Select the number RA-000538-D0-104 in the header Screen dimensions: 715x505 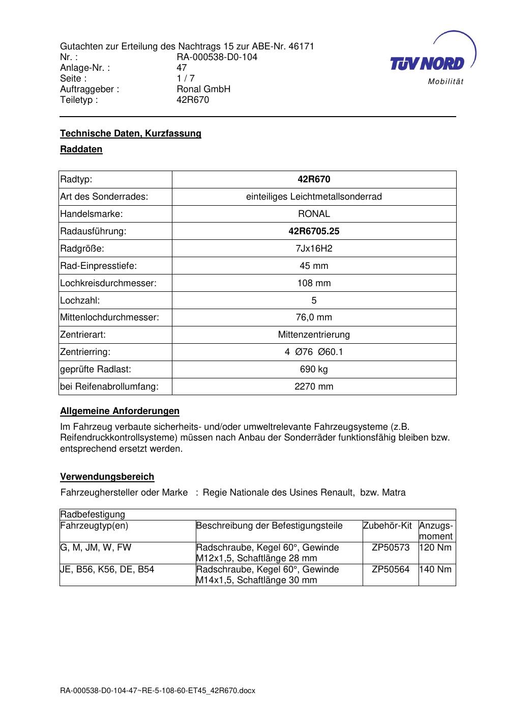click(217, 57)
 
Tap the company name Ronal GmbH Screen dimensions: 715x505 click(203, 89)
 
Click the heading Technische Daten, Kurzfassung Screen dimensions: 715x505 click(131, 133)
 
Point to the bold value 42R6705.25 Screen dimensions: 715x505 click(314, 231)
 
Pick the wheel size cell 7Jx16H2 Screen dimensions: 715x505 click(314, 249)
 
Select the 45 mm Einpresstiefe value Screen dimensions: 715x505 click(314, 266)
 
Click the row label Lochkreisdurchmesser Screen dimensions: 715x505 click(108, 283)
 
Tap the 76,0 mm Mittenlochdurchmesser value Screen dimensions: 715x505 click(314, 317)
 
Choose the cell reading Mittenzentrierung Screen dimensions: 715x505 click(314, 335)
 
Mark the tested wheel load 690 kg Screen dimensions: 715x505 click(314, 369)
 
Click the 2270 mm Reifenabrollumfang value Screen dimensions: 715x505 click(314, 387)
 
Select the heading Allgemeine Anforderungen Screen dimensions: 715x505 click(120, 411)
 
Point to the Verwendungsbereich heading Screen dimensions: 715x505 click(107, 477)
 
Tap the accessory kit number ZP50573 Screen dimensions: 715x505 click(390, 547)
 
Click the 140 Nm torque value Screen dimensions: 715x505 click(437, 569)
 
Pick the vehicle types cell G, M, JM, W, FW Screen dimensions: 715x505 click(96, 547)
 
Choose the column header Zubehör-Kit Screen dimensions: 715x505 click(387, 526)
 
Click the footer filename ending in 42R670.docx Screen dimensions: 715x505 click(158, 691)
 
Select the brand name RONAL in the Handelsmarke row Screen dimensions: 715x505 click(314, 214)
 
